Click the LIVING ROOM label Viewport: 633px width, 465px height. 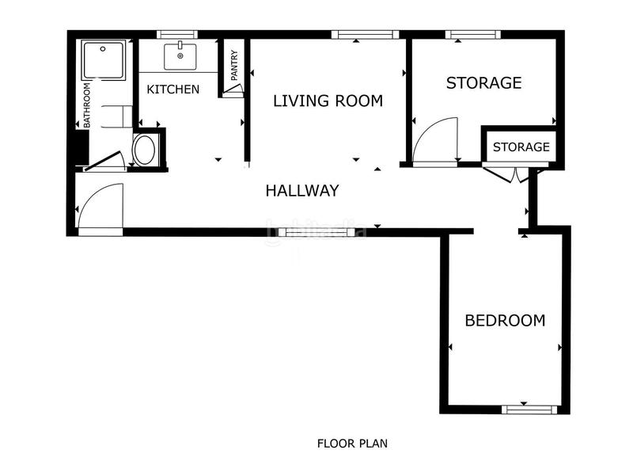328,101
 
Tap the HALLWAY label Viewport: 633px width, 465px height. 302,190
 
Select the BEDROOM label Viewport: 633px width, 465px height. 505,320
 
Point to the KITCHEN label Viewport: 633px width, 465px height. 172,90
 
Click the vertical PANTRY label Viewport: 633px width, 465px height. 234,65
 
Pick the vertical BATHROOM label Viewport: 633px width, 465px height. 87,105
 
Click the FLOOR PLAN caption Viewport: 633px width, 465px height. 352,444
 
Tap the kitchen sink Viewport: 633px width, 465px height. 180,56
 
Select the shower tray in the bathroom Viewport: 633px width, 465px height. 104,59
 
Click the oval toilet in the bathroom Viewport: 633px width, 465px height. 144,151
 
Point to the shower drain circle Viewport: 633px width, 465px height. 103,49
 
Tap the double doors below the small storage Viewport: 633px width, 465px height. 511,174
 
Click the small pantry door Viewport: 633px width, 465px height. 233,89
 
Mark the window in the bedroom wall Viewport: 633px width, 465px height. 529,410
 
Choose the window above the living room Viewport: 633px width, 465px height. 365,35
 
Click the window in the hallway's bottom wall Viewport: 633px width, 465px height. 311,232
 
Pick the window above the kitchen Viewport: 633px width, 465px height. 176,35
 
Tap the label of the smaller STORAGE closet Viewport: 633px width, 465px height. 521,147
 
